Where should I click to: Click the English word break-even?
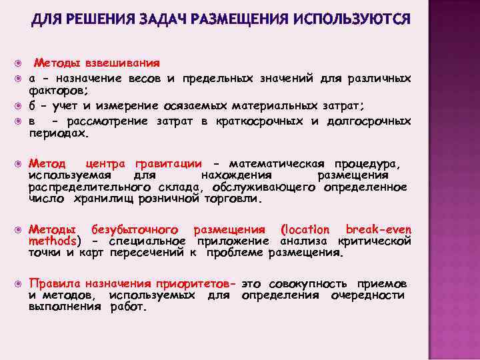(x=378, y=229)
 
